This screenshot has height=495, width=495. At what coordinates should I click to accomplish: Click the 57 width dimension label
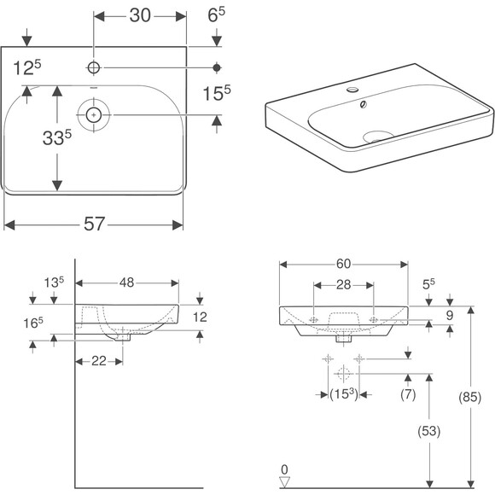(x=94, y=224)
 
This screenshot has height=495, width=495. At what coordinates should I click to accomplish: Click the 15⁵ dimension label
(x=217, y=92)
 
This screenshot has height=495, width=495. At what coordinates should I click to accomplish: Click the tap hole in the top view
(x=92, y=67)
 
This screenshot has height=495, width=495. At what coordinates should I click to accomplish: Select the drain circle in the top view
(x=92, y=112)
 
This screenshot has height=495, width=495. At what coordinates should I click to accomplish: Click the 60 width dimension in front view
(x=343, y=265)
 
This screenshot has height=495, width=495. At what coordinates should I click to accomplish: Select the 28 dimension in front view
(x=343, y=284)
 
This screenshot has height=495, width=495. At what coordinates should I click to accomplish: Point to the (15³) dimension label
(x=343, y=393)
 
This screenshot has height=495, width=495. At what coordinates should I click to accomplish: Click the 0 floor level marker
(x=286, y=469)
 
